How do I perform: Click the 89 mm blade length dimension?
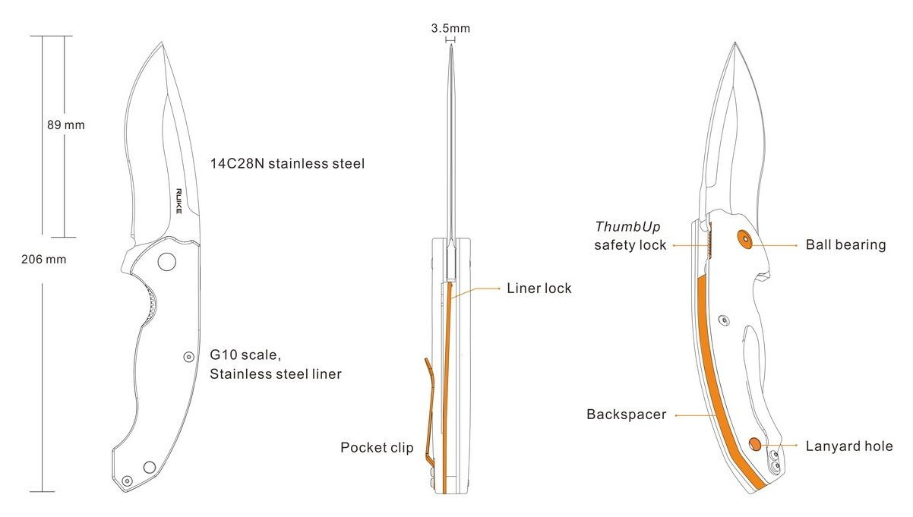[x=66, y=125]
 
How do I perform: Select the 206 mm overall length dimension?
[x=43, y=259]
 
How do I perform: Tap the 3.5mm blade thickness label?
[x=450, y=28]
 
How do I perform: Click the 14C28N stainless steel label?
[x=287, y=163]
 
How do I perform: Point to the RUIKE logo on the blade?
[x=178, y=201]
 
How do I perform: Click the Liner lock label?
[x=539, y=288]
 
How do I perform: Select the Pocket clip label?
[x=377, y=447]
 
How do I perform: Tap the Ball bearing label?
[x=845, y=244]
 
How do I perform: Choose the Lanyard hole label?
[x=849, y=446]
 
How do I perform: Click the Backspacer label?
[x=626, y=415]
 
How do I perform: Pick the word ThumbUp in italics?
[x=627, y=226]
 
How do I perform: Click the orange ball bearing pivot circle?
[x=745, y=238]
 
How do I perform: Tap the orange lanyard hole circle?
[x=755, y=444]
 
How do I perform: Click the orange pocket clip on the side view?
[x=429, y=411]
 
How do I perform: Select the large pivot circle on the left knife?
[x=166, y=262]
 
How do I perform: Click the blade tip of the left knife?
[x=162, y=43]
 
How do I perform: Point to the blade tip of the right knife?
[x=735, y=43]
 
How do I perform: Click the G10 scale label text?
[x=245, y=355]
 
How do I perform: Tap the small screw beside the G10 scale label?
[x=188, y=357]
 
